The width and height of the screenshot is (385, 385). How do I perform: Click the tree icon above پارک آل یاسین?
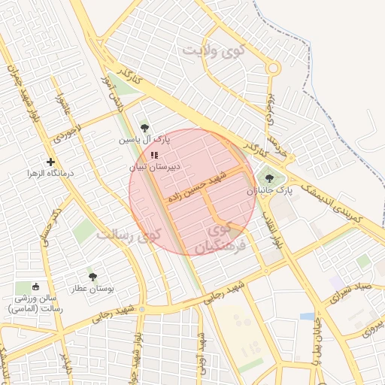tap(144, 128)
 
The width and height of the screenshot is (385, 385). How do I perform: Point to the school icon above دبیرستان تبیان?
tap(154, 156)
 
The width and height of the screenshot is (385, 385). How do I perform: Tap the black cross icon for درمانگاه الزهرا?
tap(50, 162)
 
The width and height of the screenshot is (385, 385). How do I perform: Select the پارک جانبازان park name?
tap(269, 191)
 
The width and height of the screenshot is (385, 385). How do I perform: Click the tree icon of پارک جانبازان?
tap(269, 179)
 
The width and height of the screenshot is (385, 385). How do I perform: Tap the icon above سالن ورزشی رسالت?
tap(35, 286)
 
